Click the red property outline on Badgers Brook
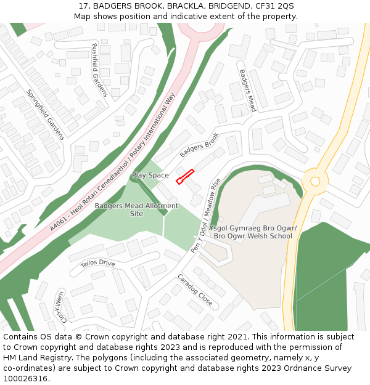[185, 176]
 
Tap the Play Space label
[150, 176]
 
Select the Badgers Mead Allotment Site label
[136, 209]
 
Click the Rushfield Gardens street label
[99, 70]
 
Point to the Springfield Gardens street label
[45, 114]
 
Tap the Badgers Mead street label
[248, 91]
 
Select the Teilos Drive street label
[97, 263]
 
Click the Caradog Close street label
[195, 290]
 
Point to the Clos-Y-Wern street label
[60, 306]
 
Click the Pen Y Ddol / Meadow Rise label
[207, 216]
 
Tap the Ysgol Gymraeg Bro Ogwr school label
[253, 232]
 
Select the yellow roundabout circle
[315, 181]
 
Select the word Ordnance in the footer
[318, 368]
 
